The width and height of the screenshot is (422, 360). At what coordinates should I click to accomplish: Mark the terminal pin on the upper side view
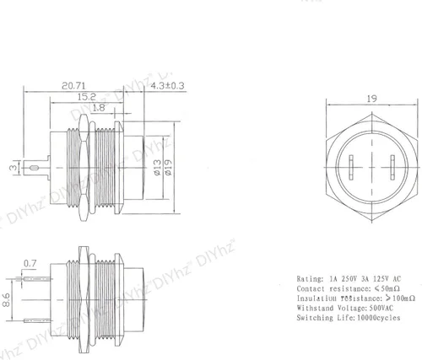[39, 168]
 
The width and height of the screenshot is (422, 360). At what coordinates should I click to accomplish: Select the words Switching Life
[322, 320]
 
